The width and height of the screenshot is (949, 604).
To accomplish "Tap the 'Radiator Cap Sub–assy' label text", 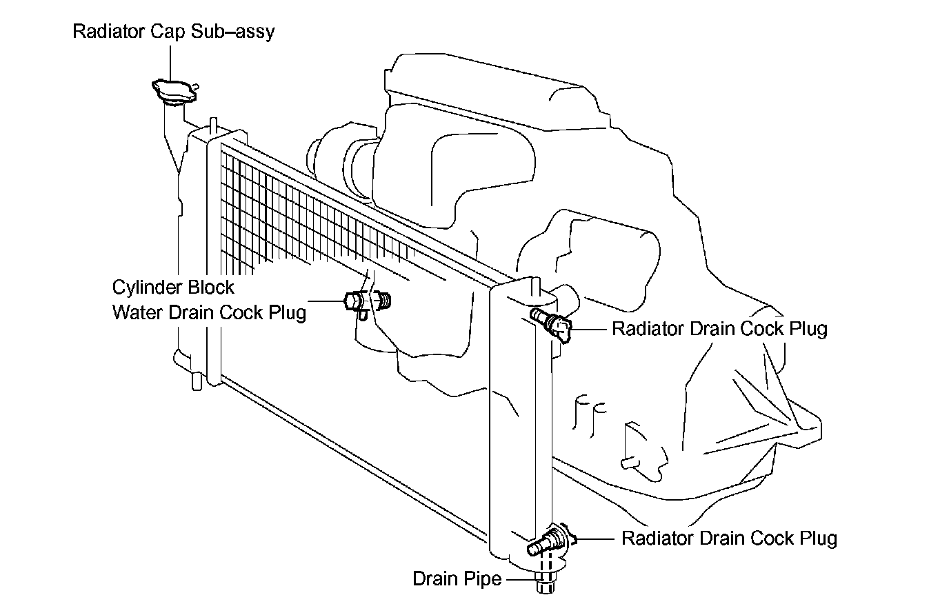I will coord(173,32).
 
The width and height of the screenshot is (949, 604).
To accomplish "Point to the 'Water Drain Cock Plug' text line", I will coord(208,312).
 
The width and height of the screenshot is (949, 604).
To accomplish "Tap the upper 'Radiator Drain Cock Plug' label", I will coord(719,329).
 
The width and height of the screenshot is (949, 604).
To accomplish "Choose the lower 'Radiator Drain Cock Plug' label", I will coord(729,538).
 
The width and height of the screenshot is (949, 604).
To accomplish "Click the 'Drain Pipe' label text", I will coord(457,578).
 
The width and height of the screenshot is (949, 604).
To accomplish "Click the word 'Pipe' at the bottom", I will coord(483,578).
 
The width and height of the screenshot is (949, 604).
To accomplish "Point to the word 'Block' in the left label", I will coord(212,287).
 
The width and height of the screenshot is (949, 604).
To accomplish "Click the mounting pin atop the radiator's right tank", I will coord(535,284).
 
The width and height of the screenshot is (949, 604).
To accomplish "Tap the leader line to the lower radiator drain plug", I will coord(597,538).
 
